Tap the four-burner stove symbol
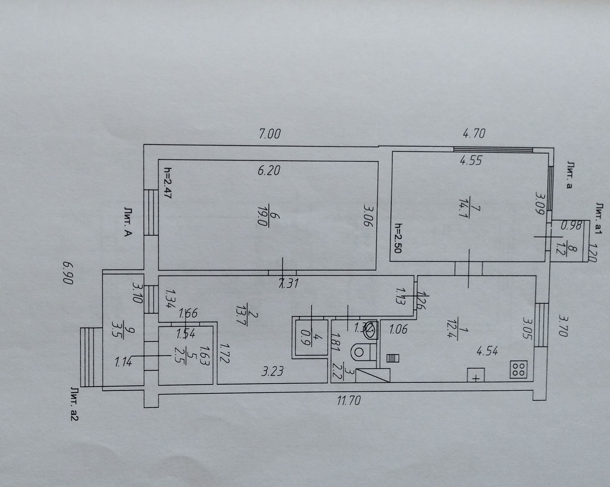pyautogui.click(x=518, y=369)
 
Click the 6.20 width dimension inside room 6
pyautogui.click(x=269, y=171)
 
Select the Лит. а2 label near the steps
pyautogui.click(x=74, y=404)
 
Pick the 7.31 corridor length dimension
pyautogui.click(x=288, y=283)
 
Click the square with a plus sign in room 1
pyautogui.click(x=476, y=375)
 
